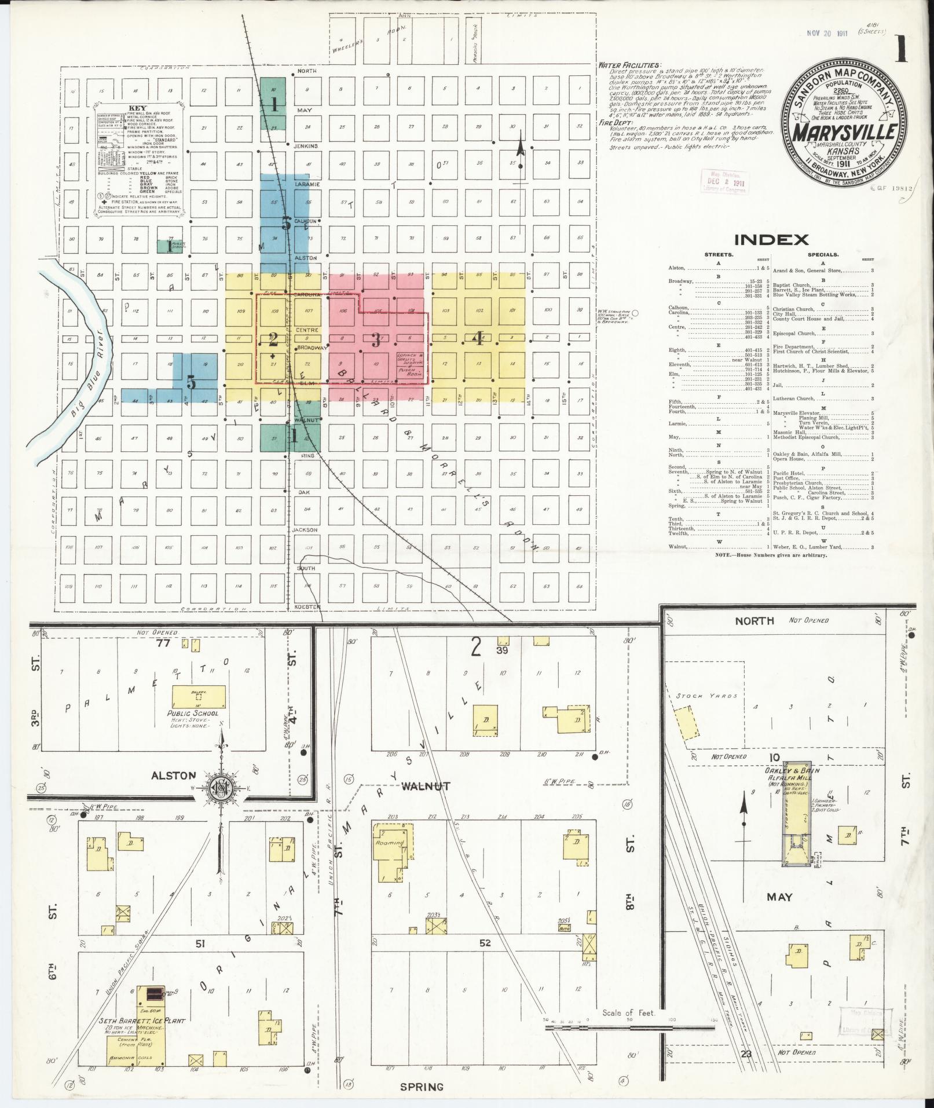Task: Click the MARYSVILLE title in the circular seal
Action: pyautogui.click(x=843, y=133)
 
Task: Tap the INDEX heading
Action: pyautogui.click(x=771, y=239)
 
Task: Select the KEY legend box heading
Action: pyautogui.click(x=138, y=108)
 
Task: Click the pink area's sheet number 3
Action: pyautogui.click(x=376, y=340)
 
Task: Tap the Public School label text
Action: pyautogui.click(x=193, y=714)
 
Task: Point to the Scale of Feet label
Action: pyautogui.click(x=628, y=1012)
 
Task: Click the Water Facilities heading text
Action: pyautogui.click(x=629, y=65)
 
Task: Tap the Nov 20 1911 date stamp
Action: pyautogui.click(x=827, y=33)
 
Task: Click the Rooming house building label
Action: pyautogui.click(x=390, y=843)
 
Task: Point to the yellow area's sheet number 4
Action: pyautogui.click(x=478, y=339)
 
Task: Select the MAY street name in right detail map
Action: pyautogui.click(x=779, y=897)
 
